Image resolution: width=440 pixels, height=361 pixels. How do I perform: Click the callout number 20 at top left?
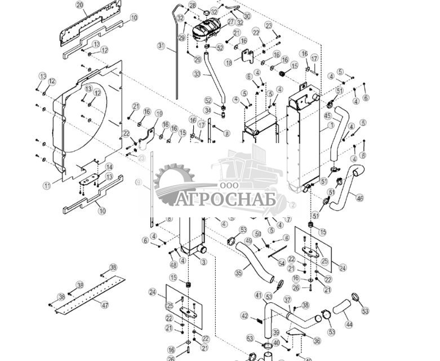(x=79, y=5)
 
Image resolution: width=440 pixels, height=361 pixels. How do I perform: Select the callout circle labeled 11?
(x=47, y=185)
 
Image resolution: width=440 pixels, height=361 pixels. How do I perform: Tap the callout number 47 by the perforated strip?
(x=105, y=304)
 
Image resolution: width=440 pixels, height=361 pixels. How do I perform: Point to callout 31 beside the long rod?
(x=161, y=46)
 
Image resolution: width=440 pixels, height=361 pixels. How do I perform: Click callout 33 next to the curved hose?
(x=197, y=74)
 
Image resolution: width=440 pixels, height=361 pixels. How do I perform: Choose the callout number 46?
(x=360, y=197)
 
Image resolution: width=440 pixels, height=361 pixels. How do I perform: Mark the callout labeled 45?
(x=327, y=116)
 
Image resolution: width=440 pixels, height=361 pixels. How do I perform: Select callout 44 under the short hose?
(x=349, y=325)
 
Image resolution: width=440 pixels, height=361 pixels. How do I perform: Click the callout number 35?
(x=238, y=273)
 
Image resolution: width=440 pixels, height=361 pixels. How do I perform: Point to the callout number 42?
(x=244, y=315)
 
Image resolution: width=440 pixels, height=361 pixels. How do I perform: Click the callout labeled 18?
(x=228, y=63)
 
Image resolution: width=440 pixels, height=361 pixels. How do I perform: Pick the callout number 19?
(x=159, y=113)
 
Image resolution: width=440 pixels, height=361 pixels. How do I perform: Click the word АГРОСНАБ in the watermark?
(x=224, y=199)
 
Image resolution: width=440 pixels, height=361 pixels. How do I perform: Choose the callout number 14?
(x=109, y=167)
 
